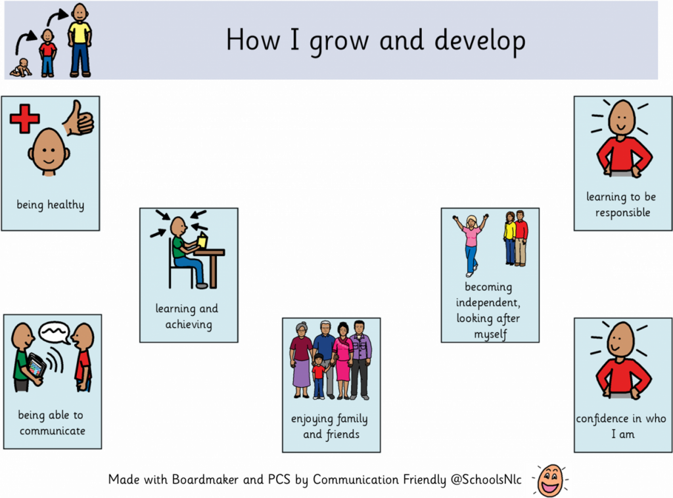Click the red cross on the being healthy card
[x=24, y=119]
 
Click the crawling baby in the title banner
[x=20, y=68]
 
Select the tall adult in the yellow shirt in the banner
[x=80, y=40]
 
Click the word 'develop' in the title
[x=480, y=41]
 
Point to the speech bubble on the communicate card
[x=55, y=333]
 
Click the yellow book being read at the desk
[x=202, y=240]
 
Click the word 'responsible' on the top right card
[x=622, y=213]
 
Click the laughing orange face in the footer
[x=550, y=480]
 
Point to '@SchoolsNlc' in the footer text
[x=486, y=479]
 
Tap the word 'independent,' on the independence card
[x=488, y=302]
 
